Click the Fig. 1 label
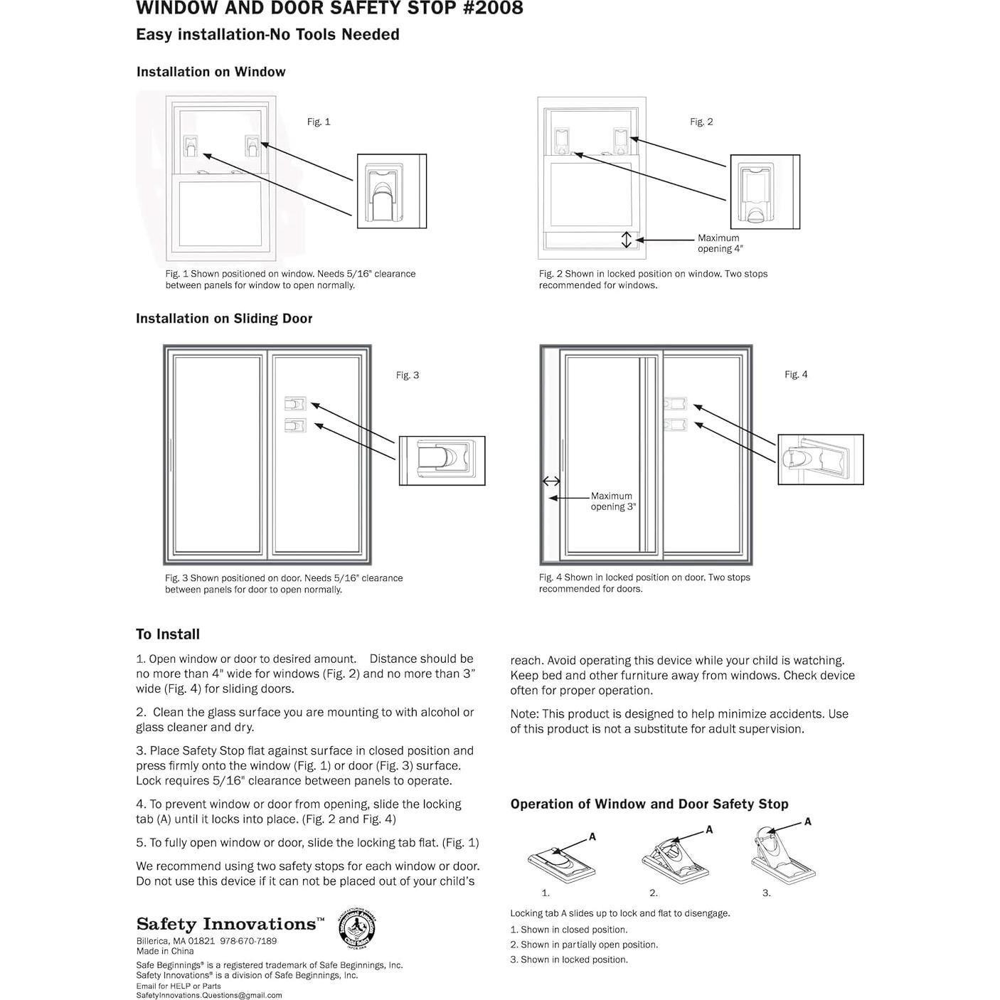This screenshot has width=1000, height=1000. (319, 122)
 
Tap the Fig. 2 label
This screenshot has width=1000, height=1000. (701, 122)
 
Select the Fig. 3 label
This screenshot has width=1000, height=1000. (408, 376)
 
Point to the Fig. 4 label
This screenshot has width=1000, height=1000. (796, 375)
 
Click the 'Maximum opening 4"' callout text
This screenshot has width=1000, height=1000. (719, 243)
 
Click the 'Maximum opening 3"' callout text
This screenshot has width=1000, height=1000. (612, 501)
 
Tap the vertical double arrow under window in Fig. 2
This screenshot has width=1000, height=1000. (627, 240)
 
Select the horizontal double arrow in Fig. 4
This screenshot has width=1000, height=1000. (551, 482)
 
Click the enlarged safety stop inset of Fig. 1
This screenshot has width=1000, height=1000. (391, 191)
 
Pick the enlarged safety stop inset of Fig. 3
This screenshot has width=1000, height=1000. (442, 461)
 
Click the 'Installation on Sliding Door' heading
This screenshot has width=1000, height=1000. (224, 319)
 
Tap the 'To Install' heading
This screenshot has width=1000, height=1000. (168, 634)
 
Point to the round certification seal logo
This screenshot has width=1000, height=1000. (356, 927)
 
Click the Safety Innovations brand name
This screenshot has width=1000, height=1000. (226, 924)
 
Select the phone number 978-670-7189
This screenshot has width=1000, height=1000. (248, 941)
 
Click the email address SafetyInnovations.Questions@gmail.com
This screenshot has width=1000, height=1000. (209, 995)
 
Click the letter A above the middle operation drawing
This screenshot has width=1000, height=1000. (709, 829)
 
